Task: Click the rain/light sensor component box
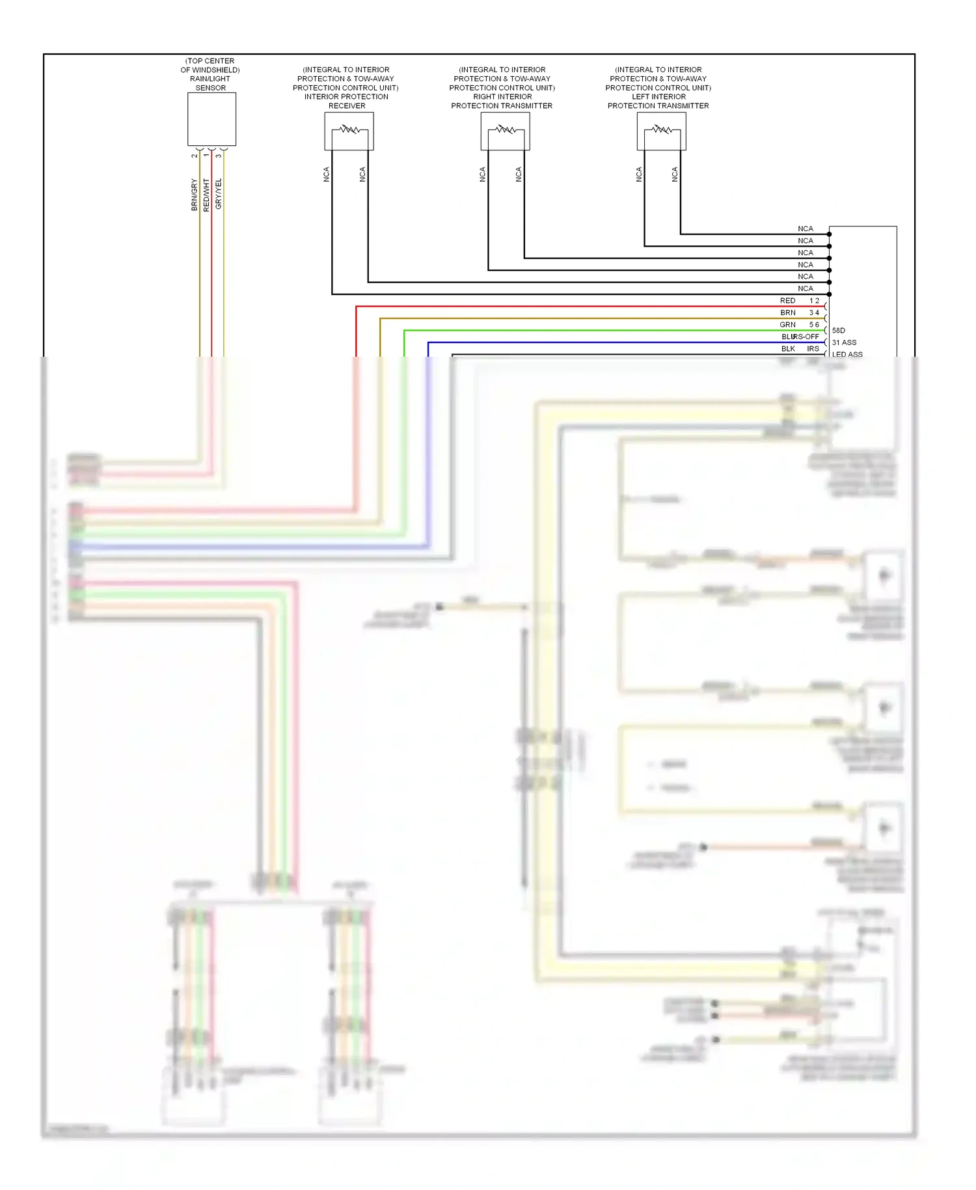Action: [x=211, y=119]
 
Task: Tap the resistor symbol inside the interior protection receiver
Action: [x=349, y=130]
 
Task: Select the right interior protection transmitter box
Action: [x=505, y=131]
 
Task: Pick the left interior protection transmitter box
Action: [x=661, y=131]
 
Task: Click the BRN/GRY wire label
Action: [x=194, y=194]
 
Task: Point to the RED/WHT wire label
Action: [x=206, y=194]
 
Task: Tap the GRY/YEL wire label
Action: [x=219, y=193]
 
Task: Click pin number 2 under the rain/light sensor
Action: [x=195, y=156]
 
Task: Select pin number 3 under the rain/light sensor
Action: [x=219, y=156]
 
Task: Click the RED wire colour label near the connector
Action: [x=787, y=301]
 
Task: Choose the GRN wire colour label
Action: [x=787, y=325]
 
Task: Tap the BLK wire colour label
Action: [x=788, y=349]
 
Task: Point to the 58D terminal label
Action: [x=839, y=331]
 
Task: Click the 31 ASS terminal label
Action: [x=844, y=342]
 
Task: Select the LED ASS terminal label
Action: [x=847, y=355]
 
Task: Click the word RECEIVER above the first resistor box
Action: [x=347, y=105]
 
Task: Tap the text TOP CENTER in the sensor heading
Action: [x=210, y=61]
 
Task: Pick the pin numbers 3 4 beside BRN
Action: [x=814, y=312]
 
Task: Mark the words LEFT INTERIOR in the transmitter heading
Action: [x=658, y=96]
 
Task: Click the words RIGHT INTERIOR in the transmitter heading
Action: [x=502, y=96]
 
